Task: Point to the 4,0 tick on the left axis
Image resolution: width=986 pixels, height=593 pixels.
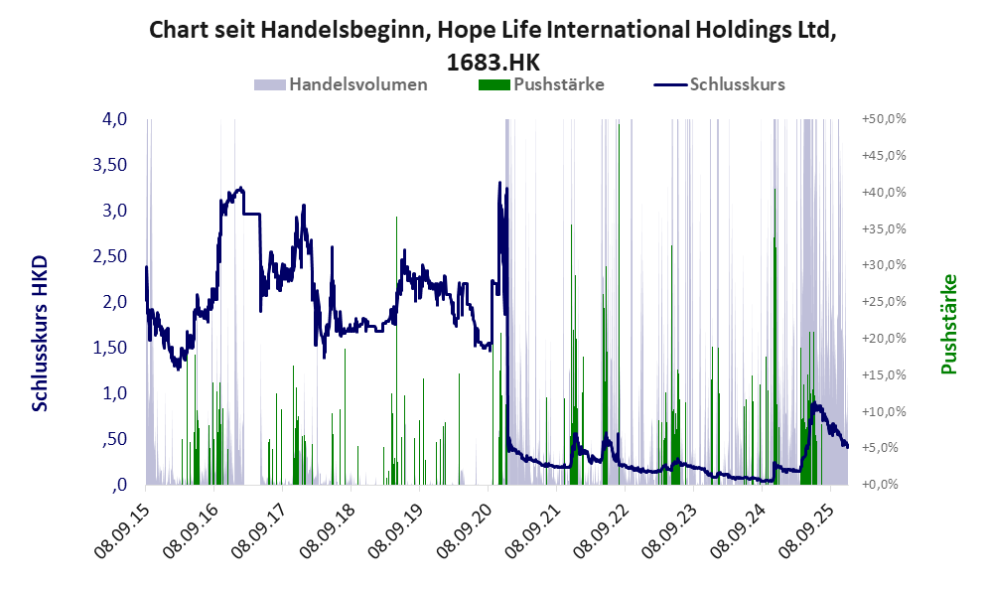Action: pyautogui.click(x=115, y=119)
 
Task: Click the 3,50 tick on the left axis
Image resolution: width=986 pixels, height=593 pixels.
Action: pyautogui.click(x=110, y=165)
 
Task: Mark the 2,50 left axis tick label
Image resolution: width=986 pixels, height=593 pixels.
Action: pyautogui.click(x=110, y=256)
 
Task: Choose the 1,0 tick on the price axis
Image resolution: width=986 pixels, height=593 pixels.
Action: pyautogui.click(x=115, y=393)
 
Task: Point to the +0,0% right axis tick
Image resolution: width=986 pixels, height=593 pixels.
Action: pyautogui.click(x=883, y=485)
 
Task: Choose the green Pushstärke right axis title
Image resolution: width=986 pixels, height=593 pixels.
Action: pyautogui.click(x=948, y=324)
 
